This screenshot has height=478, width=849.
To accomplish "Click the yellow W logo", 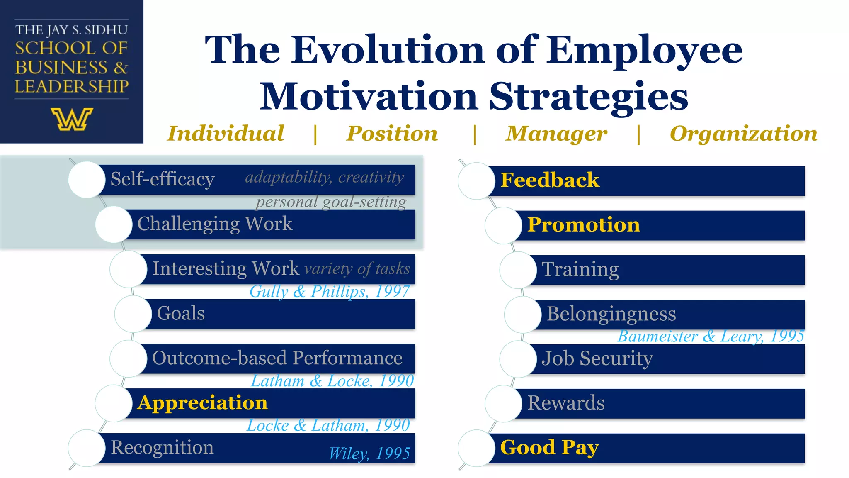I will point(72,119).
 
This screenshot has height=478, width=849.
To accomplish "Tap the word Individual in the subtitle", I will point(226,134).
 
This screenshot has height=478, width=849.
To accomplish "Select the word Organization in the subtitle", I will point(744,134).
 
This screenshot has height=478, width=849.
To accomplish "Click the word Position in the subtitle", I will point(392,134).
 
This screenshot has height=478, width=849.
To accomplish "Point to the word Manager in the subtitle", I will point(556,134).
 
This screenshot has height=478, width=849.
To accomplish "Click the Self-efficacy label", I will point(163,179).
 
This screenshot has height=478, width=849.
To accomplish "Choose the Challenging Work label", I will point(215,224).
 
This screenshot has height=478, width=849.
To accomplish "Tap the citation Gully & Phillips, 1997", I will point(330,291).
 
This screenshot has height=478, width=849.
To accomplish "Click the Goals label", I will point(181,313).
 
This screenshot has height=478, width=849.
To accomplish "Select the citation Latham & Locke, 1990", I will point(332,381).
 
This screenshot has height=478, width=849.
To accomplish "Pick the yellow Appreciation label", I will point(203,403).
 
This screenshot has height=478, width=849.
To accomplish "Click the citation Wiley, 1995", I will point(369,454).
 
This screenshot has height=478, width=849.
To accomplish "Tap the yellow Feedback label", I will point(550,180).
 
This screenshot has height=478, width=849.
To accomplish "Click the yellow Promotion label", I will point(583,225).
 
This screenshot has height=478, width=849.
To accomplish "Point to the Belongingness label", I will point(611,314).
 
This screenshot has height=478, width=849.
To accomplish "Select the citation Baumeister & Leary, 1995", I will point(711,336).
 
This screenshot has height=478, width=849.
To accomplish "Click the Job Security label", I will point(597,358).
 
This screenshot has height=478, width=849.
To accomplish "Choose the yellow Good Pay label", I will point(549,448).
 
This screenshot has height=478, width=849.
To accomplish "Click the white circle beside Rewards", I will point(503,403).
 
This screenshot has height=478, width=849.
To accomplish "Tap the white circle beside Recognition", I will point(87,448).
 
